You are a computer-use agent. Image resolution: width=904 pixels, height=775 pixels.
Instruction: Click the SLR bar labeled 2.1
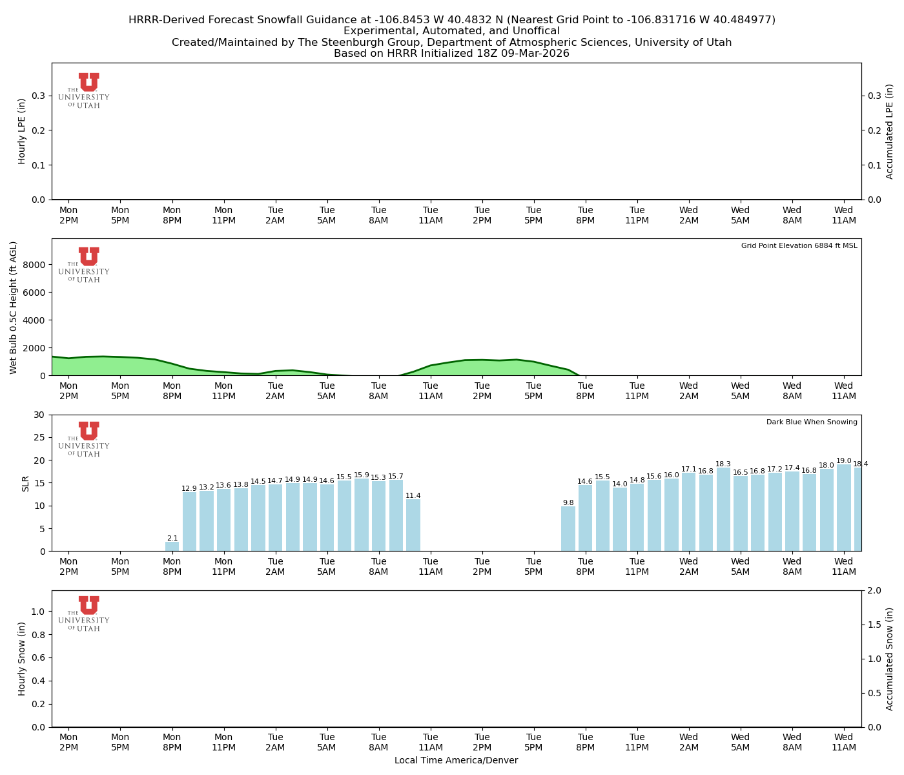pos(172,546)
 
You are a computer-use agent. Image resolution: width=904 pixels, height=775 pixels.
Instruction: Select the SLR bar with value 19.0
pos(844,508)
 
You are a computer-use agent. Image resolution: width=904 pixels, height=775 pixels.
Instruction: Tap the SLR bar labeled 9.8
pos(568,528)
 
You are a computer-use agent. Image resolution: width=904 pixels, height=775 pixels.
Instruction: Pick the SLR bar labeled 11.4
pos(413,524)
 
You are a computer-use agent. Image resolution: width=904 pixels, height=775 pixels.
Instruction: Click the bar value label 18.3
pos(723,464)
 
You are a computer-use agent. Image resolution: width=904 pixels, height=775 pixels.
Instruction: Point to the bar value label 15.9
pos(362,475)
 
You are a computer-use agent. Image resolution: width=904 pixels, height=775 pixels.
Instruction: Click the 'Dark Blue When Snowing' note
pos(812,422)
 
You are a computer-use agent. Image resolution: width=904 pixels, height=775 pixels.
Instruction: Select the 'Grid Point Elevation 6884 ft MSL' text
pos(799,246)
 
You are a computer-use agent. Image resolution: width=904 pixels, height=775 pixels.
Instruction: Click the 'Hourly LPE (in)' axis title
pos(22,131)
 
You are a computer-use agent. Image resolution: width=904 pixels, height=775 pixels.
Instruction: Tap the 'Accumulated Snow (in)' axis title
pos(890,659)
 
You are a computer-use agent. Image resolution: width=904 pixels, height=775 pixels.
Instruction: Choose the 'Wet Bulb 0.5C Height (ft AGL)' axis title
pos(14,307)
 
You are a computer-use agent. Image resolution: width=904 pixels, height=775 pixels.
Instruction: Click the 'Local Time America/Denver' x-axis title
pos(456,761)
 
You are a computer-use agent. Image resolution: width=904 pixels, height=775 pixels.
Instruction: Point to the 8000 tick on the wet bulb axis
pos(36,265)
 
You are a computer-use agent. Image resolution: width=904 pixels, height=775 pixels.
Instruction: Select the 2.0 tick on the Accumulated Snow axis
pos(873,590)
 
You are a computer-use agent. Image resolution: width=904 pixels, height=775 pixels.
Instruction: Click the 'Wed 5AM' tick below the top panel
pos(740,215)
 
